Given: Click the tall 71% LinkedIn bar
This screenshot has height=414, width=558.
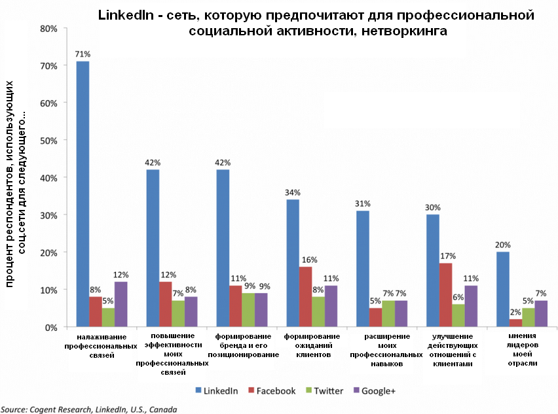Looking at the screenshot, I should tap(83, 194).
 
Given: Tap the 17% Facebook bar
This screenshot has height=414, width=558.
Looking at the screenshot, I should tap(445, 295).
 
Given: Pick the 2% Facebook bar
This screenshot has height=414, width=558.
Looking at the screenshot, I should tap(515, 323).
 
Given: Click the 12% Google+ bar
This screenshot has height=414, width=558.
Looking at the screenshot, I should tap(121, 304).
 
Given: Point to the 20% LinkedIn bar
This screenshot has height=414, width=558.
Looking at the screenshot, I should tap(503, 289).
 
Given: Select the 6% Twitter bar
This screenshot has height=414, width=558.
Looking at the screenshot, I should tap(458, 315).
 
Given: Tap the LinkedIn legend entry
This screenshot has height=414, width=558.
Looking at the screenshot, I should tap(215, 390).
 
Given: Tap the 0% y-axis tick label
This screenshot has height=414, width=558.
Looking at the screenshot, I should tap(52, 327).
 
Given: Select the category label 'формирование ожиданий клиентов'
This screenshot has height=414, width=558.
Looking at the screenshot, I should tap(312, 345).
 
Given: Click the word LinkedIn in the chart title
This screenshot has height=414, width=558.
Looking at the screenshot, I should tap(125, 15).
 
